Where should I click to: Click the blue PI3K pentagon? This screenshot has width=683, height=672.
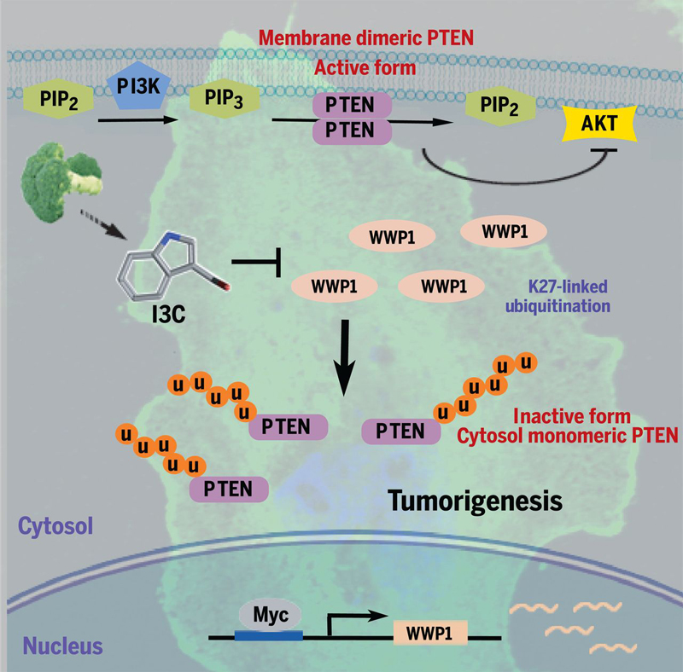pyautogui.click(x=138, y=85)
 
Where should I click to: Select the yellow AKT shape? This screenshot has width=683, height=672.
pyautogui.click(x=599, y=124)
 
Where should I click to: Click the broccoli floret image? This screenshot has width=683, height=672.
pyautogui.click(x=61, y=182)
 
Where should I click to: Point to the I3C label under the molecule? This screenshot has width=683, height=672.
pyautogui.click(x=168, y=313)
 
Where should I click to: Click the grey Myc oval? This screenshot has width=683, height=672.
pyautogui.click(x=270, y=615)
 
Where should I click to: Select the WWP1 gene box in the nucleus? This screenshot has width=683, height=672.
pyautogui.click(x=430, y=633)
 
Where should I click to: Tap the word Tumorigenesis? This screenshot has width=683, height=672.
pyautogui.click(x=475, y=501)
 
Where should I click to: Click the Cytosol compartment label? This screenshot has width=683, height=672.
pyautogui.click(x=55, y=526)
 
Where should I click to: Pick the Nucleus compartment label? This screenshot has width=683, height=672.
pyautogui.click(x=62, y=646)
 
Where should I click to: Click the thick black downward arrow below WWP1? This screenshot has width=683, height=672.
pyautogui.click(x=345, y=358)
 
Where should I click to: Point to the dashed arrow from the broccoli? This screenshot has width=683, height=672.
pyautogui.click(x=103, y=225)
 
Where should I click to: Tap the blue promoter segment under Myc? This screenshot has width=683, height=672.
pyautogui.click(x=268, y=635)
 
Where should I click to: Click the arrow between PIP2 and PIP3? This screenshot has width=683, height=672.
pyautogui.click(x=138, y=119)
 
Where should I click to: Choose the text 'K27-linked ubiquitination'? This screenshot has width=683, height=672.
pyautogui.click(x=558, y=296)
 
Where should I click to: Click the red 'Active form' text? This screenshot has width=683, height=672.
pyautogui.click(x=365, y=68)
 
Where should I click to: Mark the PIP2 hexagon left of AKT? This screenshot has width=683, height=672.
pyautogui.click(x=500, y=106)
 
